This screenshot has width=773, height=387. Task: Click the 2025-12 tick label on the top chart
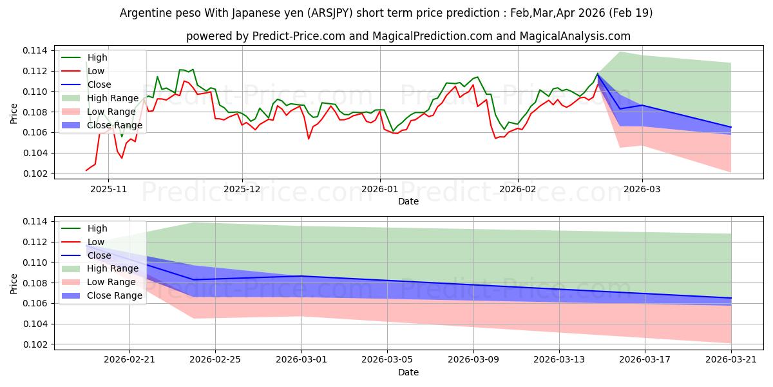tap(242, 190)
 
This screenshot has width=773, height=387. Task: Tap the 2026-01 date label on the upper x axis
tap(380, 190)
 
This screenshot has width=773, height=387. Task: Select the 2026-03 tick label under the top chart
tap(642, 190)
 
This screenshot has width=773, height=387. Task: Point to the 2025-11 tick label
tap(108, 190)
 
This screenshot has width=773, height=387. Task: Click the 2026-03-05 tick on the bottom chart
tap(387, 360)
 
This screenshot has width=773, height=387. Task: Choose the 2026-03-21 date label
tap(731, 360)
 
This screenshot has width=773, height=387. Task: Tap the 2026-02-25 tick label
tap(215, 360)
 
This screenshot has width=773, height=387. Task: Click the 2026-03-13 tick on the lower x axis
tap(559, 360)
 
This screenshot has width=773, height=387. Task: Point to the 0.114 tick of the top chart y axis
tap(35, 51)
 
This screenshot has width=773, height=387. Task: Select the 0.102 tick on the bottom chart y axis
tap(35, 345)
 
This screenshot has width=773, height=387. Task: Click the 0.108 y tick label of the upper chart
tap(35, 112)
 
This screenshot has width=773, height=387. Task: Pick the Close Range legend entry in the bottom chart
tap(102, 296)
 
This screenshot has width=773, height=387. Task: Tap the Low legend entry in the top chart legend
tap(83, 71)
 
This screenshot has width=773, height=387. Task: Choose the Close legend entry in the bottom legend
tap(86, 255)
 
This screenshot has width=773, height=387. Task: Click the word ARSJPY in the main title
tap(331, 13)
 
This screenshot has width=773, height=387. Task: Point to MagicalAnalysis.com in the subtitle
tap(575, 36)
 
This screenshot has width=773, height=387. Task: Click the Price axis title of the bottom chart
tap(14, 284)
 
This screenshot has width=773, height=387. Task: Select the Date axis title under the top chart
tap(408, 201)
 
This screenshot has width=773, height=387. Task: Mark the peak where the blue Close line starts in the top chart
tap(597, 74)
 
